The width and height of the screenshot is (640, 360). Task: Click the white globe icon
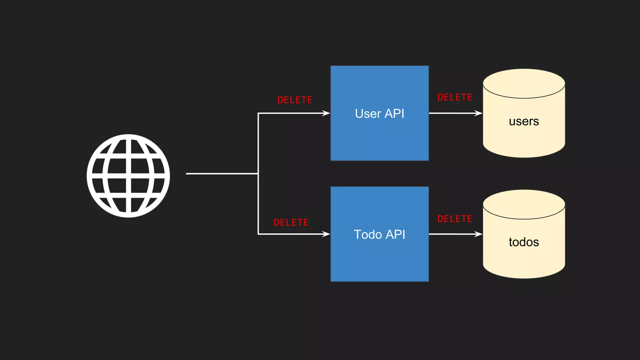click(128, 176)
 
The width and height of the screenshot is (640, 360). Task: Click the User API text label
click(379, 113)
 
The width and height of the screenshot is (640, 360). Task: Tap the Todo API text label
click(379, 234)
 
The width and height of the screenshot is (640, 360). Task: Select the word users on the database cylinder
click(524, 121)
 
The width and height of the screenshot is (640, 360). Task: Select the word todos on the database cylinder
click(524, 242)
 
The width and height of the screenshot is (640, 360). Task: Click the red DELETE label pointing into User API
click(295, 100)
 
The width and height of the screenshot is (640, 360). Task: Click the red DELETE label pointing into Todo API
click(291, 222)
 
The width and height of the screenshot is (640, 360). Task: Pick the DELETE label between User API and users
click(455, 97)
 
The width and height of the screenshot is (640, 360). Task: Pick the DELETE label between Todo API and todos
click(455, 219)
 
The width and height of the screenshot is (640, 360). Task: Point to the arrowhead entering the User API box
click(326, 113)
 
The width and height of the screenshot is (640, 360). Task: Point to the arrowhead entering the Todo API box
click(326, 234)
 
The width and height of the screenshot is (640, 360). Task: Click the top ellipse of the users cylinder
click(524, 83)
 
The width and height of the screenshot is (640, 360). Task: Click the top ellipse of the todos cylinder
click(524, 204)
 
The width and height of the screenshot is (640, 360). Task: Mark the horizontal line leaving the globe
click(222, 173)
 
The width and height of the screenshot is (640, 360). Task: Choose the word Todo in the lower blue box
click(368, 234)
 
